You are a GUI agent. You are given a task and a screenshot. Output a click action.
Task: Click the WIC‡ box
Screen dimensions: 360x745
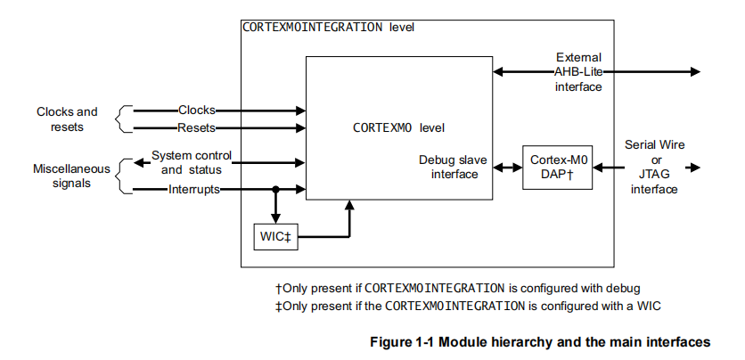276,237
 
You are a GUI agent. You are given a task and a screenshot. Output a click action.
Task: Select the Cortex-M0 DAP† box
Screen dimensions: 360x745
551,167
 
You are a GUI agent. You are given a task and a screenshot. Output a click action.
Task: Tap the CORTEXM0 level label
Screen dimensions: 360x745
399,127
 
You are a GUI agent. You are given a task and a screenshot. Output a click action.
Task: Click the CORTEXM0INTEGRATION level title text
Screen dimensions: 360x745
328,27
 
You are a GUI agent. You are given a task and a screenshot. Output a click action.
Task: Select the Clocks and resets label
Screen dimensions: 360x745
67,119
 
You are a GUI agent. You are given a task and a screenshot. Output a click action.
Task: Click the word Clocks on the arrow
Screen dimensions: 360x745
196,110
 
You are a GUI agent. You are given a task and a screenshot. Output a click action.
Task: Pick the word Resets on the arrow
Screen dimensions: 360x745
196,128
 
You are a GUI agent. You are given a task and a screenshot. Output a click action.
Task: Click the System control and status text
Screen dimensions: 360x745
191,162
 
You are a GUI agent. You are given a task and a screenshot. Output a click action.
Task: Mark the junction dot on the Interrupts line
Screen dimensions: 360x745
275,189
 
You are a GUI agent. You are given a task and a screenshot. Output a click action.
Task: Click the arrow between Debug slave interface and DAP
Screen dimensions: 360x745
504,168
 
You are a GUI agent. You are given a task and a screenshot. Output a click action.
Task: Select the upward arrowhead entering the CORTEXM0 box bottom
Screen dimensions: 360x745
349,207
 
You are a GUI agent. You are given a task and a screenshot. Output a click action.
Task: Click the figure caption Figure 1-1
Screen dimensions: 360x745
539,341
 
